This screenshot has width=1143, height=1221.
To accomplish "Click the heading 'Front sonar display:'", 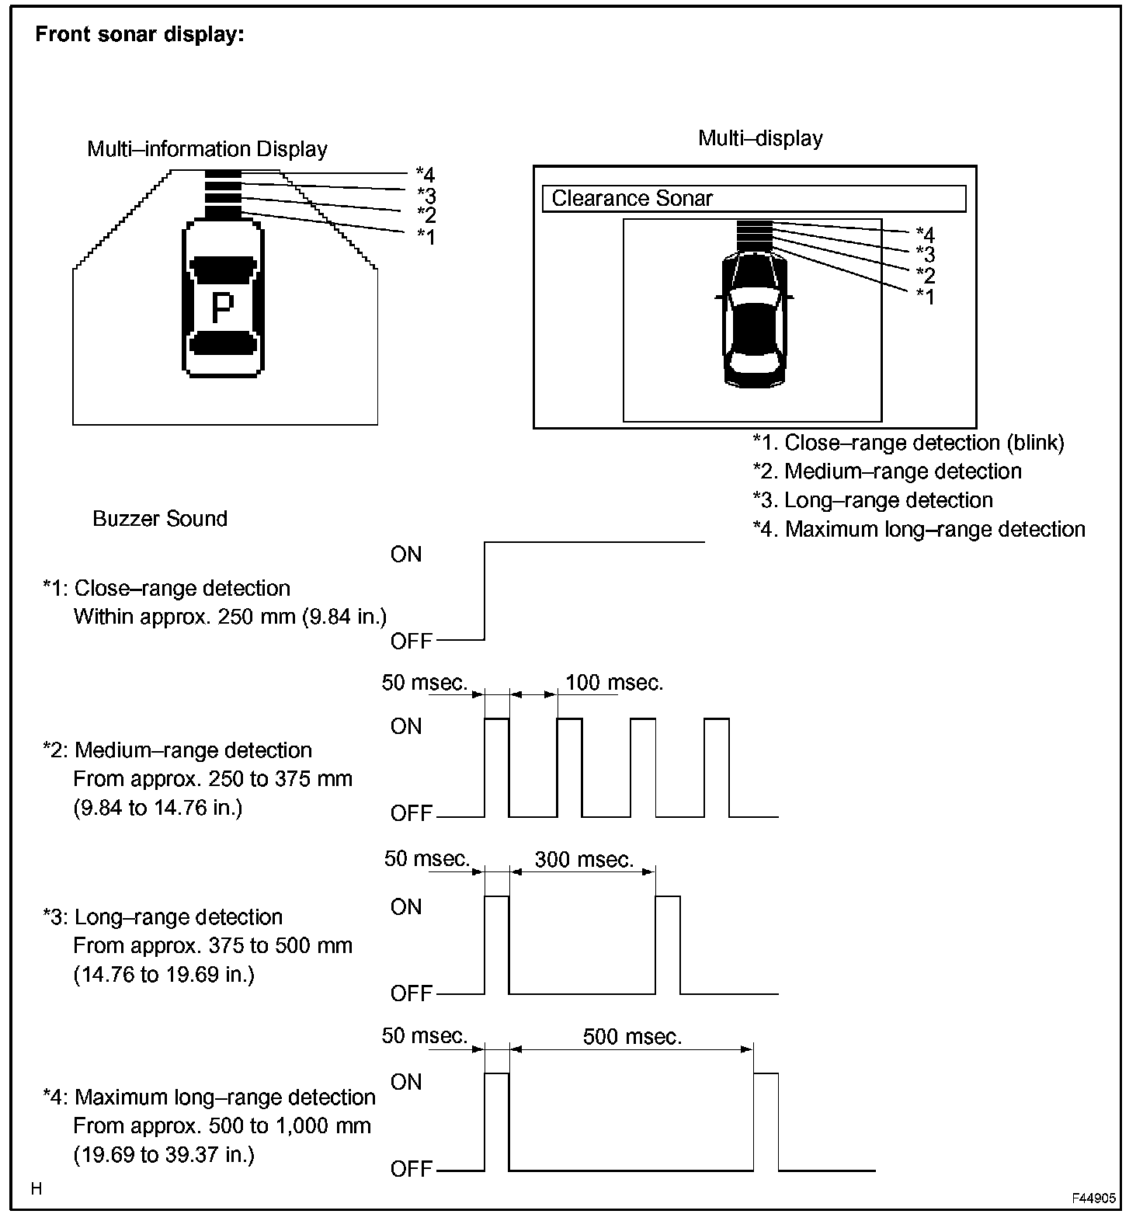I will coord(140,35).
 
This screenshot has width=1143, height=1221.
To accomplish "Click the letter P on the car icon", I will coord(222,308).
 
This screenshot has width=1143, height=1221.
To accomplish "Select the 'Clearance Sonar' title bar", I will coord(753,199).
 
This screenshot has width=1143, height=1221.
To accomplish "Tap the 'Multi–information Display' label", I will coord(207,149).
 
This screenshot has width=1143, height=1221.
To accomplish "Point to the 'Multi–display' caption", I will coord(760,138).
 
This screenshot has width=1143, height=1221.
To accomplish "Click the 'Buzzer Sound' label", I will coord(160,519).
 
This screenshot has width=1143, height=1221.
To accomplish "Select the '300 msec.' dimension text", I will coord(584,860).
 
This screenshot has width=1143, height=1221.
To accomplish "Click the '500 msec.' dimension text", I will coord(632,1037).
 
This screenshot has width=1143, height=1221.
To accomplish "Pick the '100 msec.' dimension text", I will coord(614,684).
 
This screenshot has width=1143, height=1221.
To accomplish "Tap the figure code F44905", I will coord(1094,1198).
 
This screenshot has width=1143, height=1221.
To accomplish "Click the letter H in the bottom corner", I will coord(36,1189).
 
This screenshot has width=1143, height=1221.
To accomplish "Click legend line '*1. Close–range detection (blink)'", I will coord(908,443).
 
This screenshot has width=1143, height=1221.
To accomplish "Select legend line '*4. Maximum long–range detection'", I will coord(919,530).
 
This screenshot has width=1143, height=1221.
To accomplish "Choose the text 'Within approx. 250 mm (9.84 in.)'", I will coord(230,617).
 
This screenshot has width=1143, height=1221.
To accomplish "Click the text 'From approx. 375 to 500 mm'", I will coord(213,946).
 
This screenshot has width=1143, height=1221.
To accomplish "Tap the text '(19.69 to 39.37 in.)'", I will coord(164,1155).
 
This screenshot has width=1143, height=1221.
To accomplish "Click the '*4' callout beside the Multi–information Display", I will coord(425,174).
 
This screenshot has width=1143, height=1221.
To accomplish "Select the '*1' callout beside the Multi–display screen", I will coord(925,296).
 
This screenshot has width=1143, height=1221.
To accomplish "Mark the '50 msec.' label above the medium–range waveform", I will coord(425,684).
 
